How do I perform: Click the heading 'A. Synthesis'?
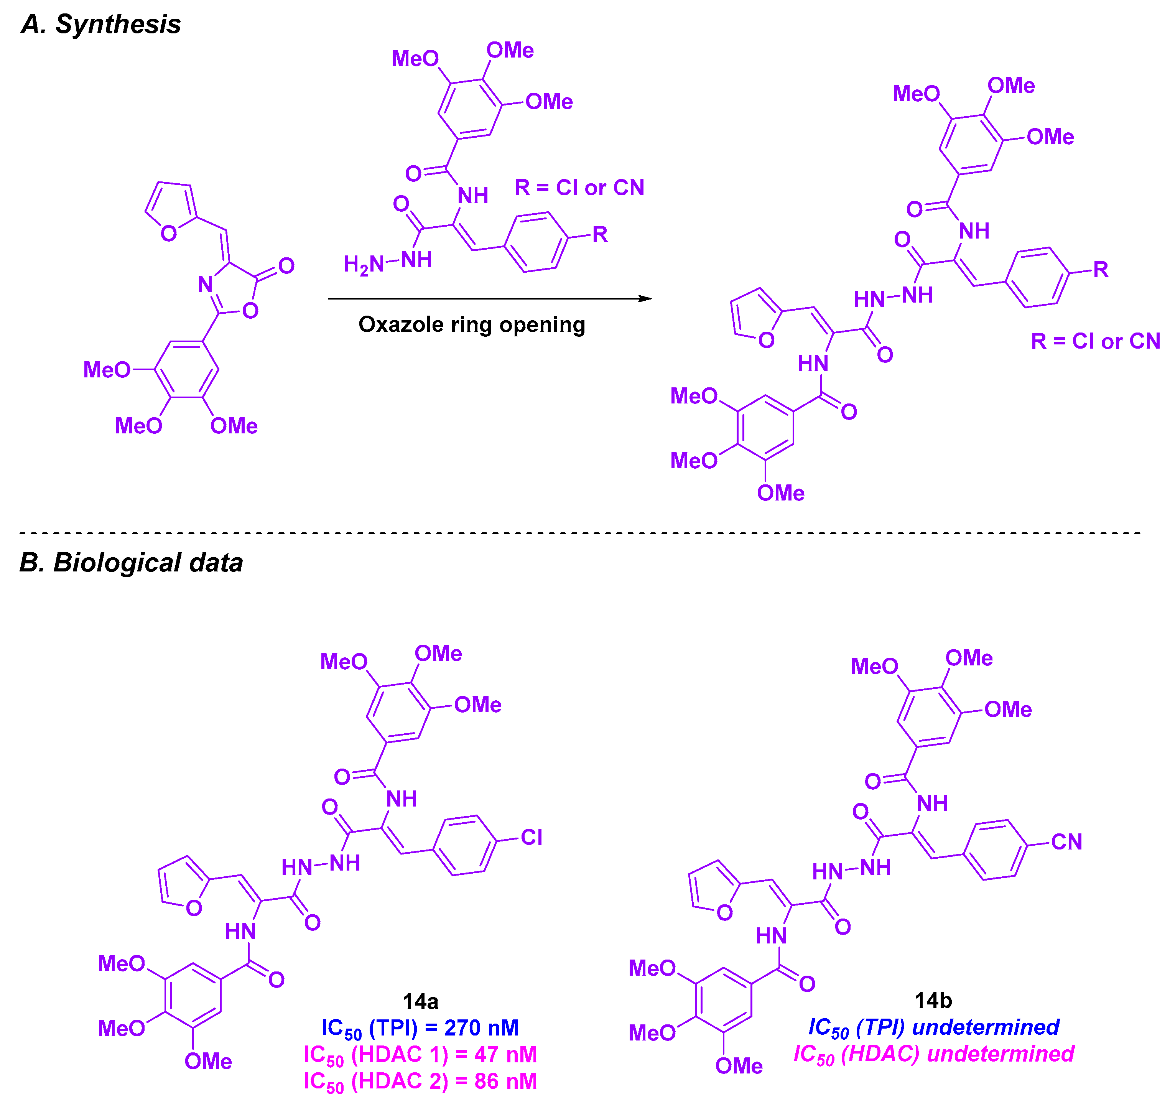coord(100,25)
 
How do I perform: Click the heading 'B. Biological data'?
coord(131,563)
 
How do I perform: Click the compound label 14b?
coord(933,1000)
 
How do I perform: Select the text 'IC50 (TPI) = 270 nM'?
coord(420,1028)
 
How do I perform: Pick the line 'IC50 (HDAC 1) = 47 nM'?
coord(420,1055)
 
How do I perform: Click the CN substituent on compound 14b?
coord(1066,842)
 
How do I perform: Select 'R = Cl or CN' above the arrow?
coord(579,188)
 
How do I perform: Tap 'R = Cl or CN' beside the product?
coord(1095,341)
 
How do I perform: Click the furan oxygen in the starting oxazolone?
coord(169,234)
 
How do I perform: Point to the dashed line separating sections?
coord(580,533)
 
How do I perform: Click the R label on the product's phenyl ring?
coord(1101,270)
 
